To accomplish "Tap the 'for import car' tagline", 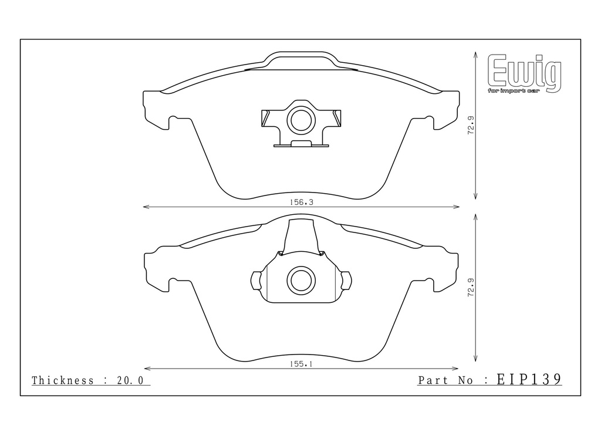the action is pos(514,91).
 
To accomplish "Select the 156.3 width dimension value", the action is pos(301,202).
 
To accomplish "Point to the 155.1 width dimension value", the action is pos(301,364).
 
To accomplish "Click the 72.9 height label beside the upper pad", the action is pos(471,125).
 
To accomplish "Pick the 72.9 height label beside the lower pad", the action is pos(471,288).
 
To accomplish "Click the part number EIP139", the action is pos(529,379).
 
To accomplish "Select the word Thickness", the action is pos(63,380).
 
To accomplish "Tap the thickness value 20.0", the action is pos(130,380).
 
